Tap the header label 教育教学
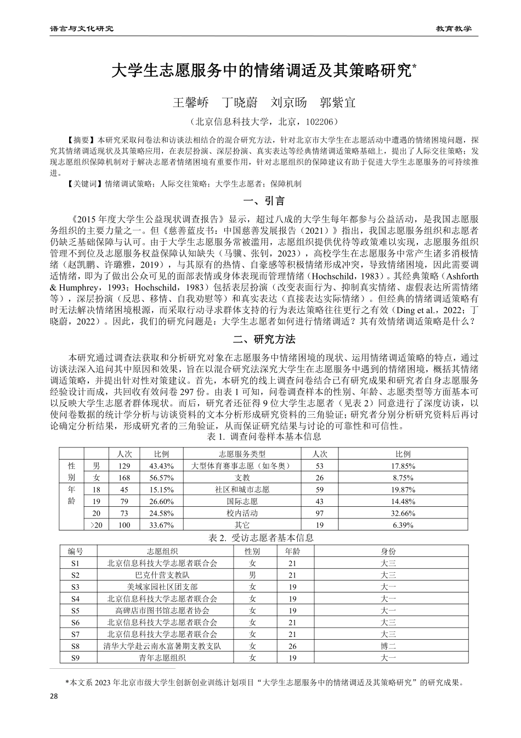tap(454, 28)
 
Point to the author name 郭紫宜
tap(337, 102)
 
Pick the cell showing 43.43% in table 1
tap(161, 466)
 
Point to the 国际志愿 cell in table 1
tap(242, 501)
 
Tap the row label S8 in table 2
tap(75, 646)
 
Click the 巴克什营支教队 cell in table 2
tap(162, 575)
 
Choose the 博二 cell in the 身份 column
tap(388, 646)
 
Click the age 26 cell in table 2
tap(292, 646)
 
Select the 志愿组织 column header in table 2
tap(162, 551)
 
